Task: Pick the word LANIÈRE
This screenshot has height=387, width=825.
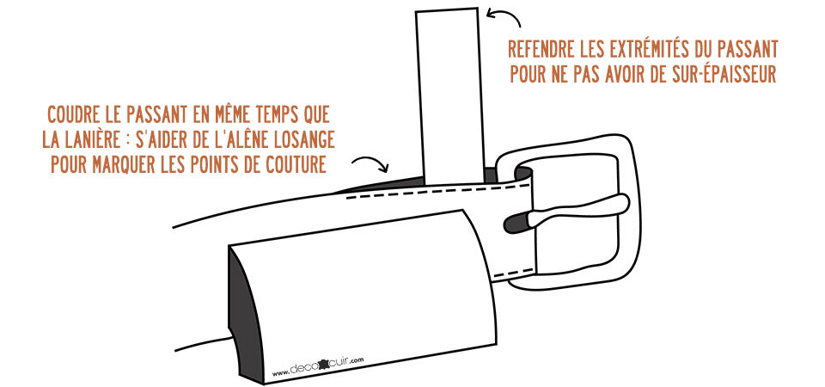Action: coord(94,140)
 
